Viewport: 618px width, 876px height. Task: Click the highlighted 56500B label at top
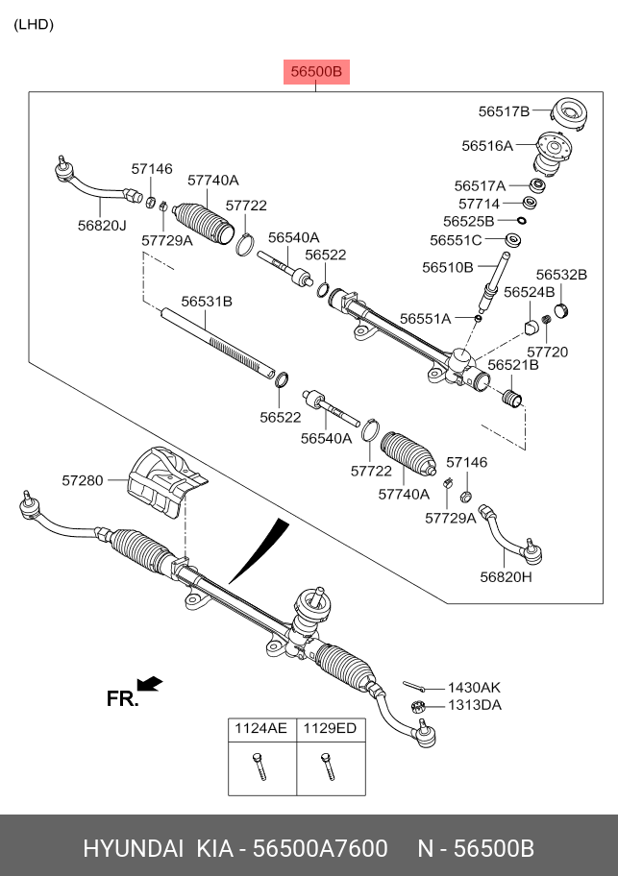tap(316, 71)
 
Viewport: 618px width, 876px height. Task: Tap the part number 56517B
tap(504, 111)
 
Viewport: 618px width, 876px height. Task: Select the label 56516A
tap(486, 146)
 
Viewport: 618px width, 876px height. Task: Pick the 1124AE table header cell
tap(260, 729)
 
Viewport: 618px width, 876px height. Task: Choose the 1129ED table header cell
tap(330, 729)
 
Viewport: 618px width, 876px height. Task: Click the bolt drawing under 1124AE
tap(259, 766)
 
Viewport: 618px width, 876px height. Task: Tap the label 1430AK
tap(474, 687)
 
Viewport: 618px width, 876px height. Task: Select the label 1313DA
tap(474, 705)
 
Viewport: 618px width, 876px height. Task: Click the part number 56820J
tap(102, 225)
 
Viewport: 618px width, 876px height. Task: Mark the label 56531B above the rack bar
tap(208, 301)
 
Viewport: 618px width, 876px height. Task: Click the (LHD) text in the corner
tap(34, 25)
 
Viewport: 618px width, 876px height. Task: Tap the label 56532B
tap(560, 275)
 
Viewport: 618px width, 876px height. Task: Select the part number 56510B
tap(447, 266)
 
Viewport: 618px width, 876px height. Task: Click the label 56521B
tap(512, 365)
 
